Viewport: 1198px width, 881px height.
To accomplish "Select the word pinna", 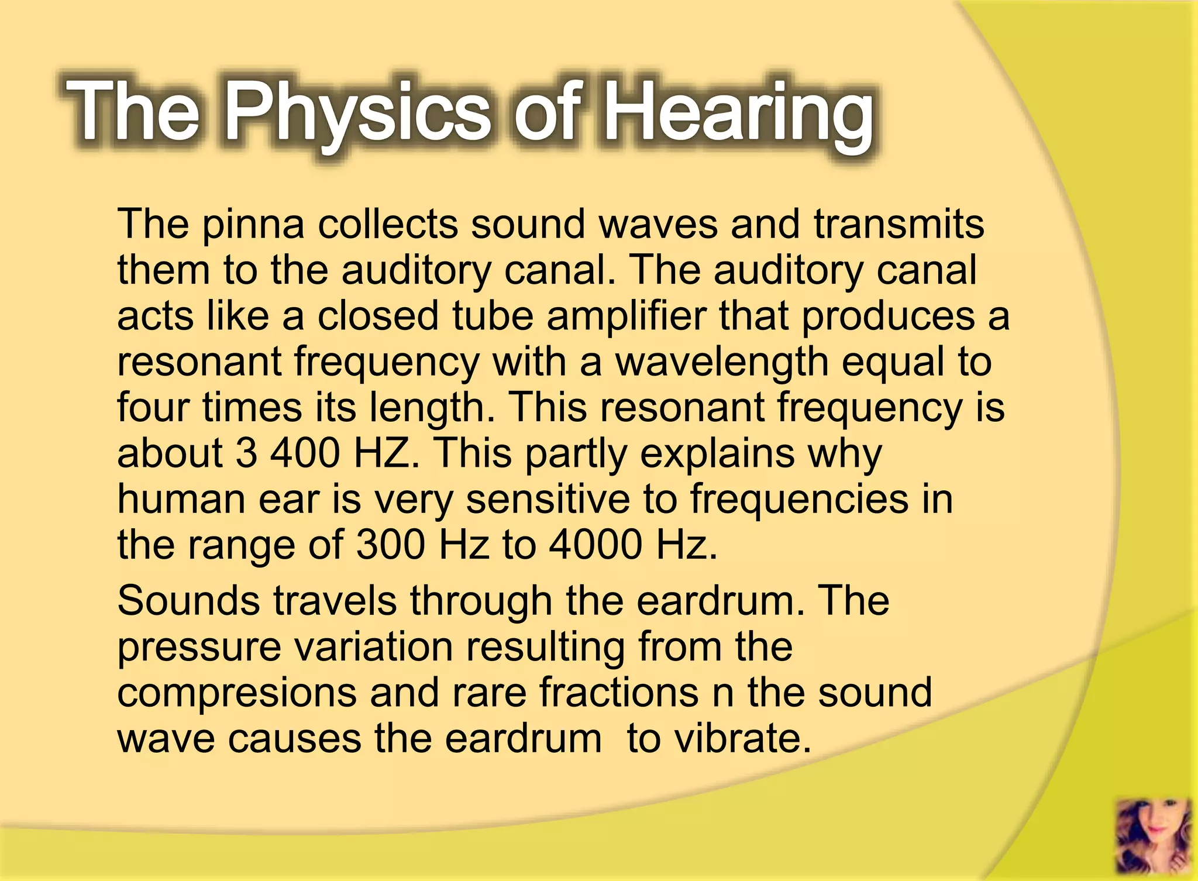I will (x=253, y=225).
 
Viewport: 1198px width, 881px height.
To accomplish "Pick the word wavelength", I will (x=722, y=362).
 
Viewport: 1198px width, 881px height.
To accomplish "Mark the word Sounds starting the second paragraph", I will (x=188, y=601).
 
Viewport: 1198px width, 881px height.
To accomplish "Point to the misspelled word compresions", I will (x=237, y=693).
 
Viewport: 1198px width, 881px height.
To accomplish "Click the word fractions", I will (x=618, y=693).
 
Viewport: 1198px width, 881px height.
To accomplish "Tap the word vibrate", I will (x=742, y=738).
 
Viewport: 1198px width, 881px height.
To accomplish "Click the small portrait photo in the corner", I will (x=1153, y=836).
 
